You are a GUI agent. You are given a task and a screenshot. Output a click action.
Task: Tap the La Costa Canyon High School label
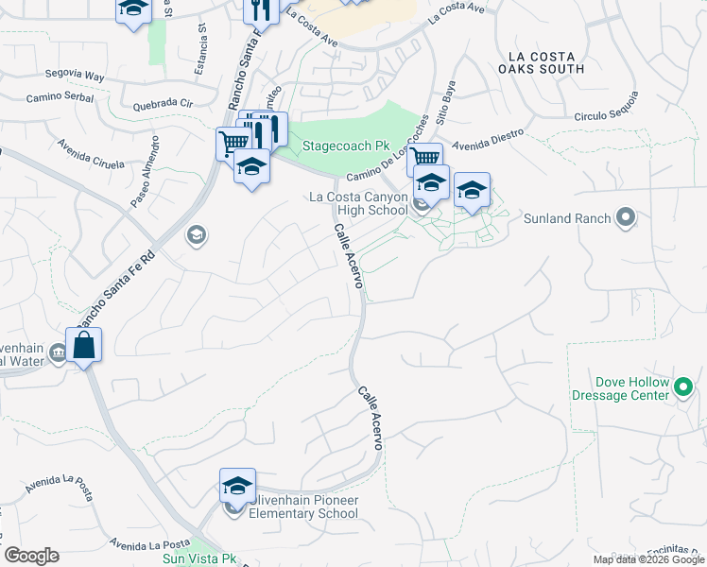click(x=358, y=203)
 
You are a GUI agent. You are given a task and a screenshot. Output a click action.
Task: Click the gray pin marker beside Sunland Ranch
click(x=625, y=219)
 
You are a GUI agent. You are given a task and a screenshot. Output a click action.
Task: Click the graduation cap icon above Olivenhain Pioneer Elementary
click(x=237, y=487)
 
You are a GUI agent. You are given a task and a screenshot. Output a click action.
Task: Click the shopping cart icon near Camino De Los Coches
click(x=425, y=159)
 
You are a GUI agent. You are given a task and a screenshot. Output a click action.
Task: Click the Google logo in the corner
click(x=31, y=556)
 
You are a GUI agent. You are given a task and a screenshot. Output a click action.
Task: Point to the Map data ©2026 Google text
click(x=648, y=559)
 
